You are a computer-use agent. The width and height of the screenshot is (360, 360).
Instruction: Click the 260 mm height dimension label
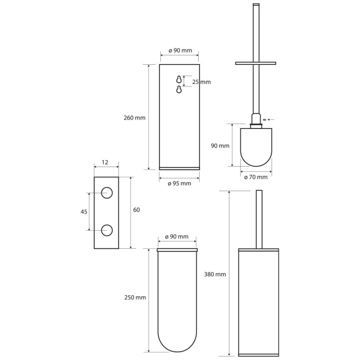coord(135,118)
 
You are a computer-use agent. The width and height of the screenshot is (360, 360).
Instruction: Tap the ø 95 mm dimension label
coord(179,184)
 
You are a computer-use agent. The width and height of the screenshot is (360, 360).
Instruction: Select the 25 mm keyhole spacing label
coord(201,82)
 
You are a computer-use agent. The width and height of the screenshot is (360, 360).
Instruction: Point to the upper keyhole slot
coord(179,79)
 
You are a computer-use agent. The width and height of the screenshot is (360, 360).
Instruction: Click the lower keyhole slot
coord(179,89)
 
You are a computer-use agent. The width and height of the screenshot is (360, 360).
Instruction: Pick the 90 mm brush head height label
coord(220,146)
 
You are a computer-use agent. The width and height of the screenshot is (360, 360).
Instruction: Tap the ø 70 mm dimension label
coord(256,177)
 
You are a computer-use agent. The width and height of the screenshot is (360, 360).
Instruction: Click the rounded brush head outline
coord(256,166)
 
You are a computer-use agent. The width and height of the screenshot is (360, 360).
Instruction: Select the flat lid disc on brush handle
coord(256,63)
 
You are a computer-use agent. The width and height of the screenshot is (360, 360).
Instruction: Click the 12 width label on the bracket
coord(105,162)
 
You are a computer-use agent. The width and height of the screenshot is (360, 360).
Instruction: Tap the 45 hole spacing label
coord(84,212)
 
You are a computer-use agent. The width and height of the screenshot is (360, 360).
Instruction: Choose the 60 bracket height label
coord(136,210)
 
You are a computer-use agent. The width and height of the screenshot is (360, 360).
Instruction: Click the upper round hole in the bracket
coord(107,193)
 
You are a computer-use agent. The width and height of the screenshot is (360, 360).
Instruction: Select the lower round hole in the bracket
coord(107,230)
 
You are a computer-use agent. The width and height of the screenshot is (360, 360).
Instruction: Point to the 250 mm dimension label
coord(135,297)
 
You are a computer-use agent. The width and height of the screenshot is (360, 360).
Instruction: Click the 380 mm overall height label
coord(215,274)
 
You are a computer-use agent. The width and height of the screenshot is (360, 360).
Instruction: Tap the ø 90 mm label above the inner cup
coord(177,237)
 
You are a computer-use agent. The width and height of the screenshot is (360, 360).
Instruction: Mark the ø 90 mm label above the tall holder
coord(180,51)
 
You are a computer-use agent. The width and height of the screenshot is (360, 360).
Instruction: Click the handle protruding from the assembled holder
coord(259,219)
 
